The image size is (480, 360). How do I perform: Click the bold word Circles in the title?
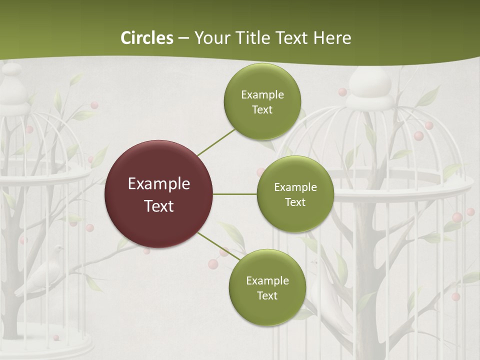tap(147, 38)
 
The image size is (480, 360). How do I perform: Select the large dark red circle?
tap(158, 194)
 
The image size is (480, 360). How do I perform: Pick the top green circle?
tap(262, 101)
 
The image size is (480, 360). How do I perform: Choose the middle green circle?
tap(295, 194)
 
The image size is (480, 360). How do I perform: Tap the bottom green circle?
tap(267, 287)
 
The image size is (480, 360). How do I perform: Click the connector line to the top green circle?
tap(216, 142)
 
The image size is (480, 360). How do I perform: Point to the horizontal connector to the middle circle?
tap(235, 194)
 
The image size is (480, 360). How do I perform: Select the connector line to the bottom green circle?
tap(219, 246)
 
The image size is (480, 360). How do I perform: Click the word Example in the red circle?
tap(158, 183)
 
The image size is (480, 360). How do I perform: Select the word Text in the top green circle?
tap(262, 109)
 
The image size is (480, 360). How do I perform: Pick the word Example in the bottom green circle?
tap(267, 280)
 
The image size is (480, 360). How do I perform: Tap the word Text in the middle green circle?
tap(295, 202)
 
